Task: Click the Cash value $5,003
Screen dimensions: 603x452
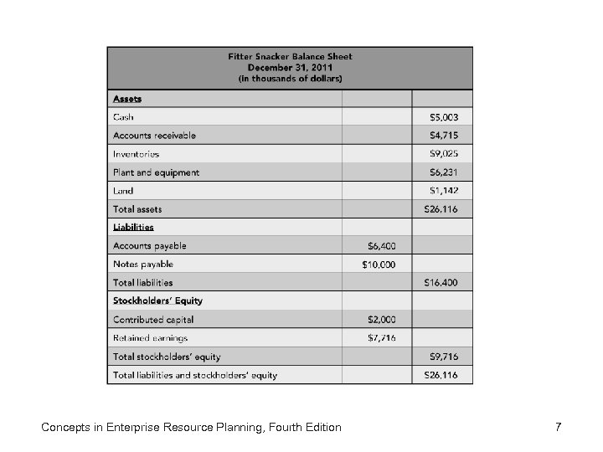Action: click(443, 117)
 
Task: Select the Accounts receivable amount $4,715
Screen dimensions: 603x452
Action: click(443, 136)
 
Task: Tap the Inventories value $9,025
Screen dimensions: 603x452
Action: click(443, 154)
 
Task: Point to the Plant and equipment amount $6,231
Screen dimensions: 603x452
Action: click(443, 172)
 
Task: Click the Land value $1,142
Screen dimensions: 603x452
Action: click(443, 191)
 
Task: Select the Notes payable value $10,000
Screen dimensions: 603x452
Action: click(379, 265)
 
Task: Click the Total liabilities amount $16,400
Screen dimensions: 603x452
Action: click(441, 283)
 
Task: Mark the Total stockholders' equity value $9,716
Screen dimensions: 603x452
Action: click(443, 357)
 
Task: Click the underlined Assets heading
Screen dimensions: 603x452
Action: click(127, 99)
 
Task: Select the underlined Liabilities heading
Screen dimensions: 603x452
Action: click(133, 227)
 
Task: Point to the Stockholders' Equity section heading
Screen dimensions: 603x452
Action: click(157, 300)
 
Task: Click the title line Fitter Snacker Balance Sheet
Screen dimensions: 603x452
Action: click(290, 57)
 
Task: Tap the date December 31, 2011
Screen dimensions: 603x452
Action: click(290, 68)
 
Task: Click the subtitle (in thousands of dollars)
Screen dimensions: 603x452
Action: click(290, 79)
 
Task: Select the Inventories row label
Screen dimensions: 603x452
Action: click(136, 154)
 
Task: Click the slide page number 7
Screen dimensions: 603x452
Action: click(558, 428)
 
